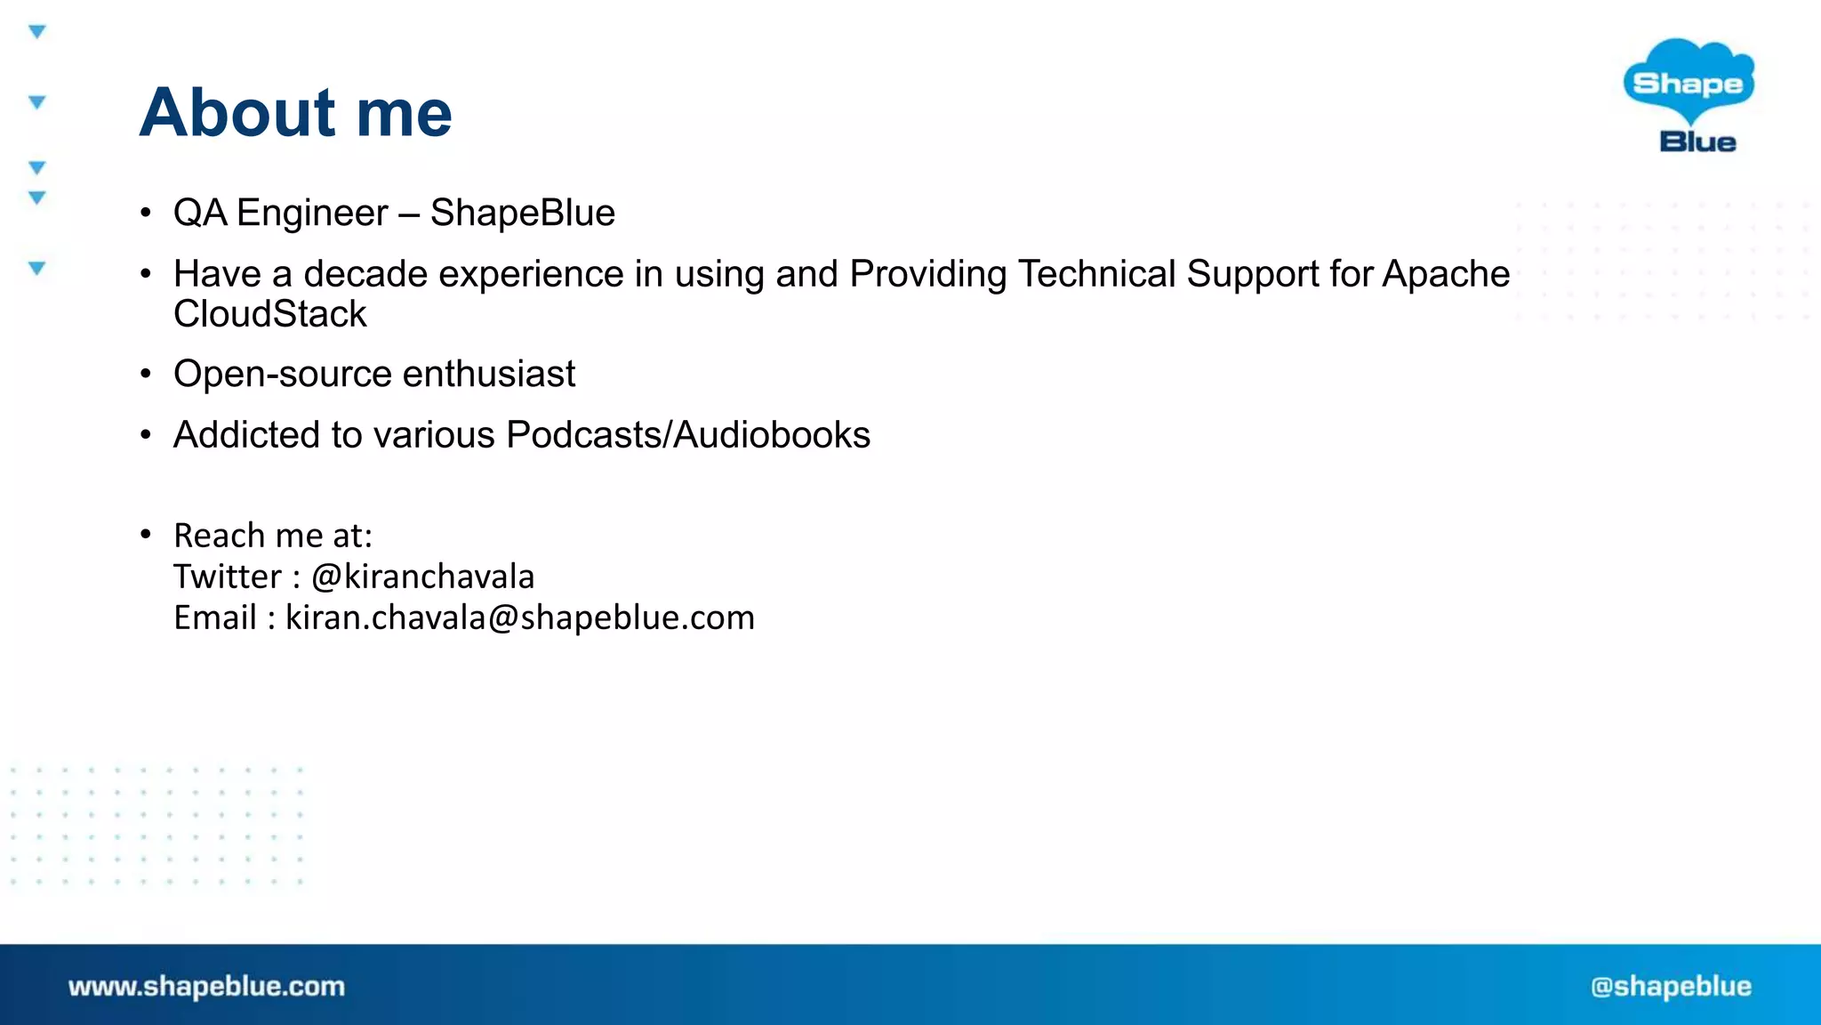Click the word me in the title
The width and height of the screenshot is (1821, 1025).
(404, 115)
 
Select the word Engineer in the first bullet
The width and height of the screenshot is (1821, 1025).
(312, 214)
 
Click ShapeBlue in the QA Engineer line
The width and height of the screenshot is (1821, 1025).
(522, 214)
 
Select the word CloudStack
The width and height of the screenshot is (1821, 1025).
(269, 314)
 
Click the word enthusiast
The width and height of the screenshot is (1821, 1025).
(489, 374)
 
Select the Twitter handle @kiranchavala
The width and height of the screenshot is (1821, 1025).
(422, 577)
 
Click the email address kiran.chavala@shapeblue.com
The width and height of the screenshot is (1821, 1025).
(519, 617)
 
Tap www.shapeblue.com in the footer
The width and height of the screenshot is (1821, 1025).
(206, 986)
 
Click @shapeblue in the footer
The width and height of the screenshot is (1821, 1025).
(1671, 986)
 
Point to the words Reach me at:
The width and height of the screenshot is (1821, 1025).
(273, 536)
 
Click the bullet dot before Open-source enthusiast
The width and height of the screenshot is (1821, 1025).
(146, 375)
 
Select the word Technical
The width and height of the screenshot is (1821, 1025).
(1096, 274)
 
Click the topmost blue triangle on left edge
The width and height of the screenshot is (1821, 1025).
(36, 32)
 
